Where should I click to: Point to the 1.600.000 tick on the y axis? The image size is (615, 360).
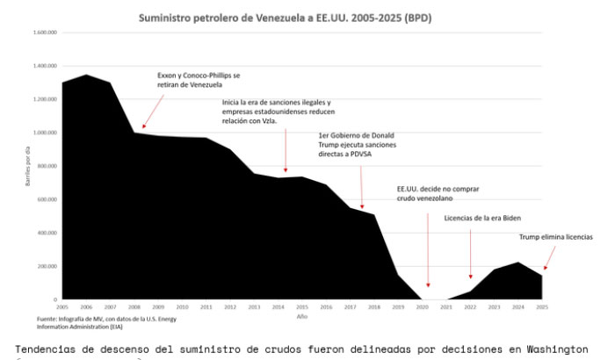[x=45, y=32]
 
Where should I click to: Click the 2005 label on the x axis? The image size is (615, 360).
[x=62, y=306]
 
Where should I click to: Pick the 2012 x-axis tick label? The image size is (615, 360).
[x=230, y=306]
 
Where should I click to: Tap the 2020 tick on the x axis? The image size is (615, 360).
[x=422, y=306]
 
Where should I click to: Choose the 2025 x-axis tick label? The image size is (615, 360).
[x=542, y=306]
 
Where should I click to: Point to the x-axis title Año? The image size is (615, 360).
[x=302, y=315]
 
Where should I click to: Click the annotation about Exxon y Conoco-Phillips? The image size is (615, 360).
[x=198, y=81]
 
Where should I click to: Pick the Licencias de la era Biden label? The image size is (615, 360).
[x=478, y=217]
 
